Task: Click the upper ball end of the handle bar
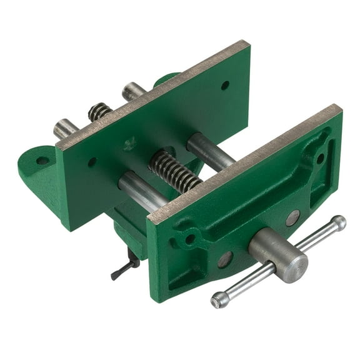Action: point(338,222)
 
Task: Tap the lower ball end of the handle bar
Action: point(219,301)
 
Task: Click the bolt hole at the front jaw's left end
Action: point(189,239)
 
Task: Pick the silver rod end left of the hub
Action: point(225,259)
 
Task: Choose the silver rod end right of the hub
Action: point(292,218)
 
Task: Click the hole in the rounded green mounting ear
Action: point(42,161)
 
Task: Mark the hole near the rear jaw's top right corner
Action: point(225,85)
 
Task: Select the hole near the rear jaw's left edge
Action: point(92,162)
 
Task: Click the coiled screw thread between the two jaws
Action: point(176,170)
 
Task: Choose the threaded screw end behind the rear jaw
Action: point(99,111)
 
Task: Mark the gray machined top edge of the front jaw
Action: point(244,162)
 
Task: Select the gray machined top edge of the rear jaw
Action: point(152,93)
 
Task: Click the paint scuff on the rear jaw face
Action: point(130,144)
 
